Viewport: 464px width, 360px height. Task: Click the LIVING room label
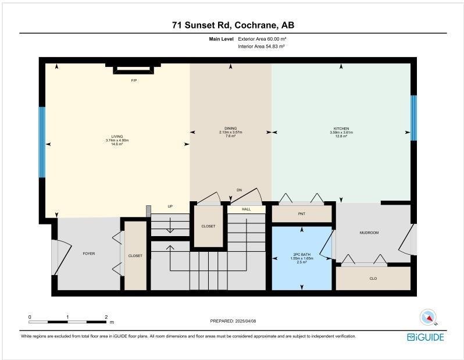coord(117,137)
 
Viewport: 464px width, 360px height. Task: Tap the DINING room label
coord(230,129)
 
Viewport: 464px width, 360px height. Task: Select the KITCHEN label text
coord(341,129)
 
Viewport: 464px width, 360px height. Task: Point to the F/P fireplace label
coord(134,80)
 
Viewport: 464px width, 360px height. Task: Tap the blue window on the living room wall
coord(42,142)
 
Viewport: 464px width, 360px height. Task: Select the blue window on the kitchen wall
coord(413,118)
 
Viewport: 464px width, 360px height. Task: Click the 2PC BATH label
coord(302,255)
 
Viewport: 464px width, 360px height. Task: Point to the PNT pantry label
coord(302,214)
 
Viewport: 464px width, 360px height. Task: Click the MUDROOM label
coord(369,233)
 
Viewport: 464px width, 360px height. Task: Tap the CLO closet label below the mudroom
coord(373,279)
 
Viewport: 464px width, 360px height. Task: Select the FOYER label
coord(89,254)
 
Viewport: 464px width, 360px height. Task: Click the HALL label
coord(246,209)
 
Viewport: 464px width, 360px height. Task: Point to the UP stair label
coord(170,206)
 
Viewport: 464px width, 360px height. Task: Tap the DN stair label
coord(239,190)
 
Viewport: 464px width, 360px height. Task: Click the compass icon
coord(428,318)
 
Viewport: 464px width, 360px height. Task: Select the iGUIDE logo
coord(426,337)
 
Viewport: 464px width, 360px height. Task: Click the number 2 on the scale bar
coord(106,317)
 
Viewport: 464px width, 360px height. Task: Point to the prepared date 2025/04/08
coord(245,321)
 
